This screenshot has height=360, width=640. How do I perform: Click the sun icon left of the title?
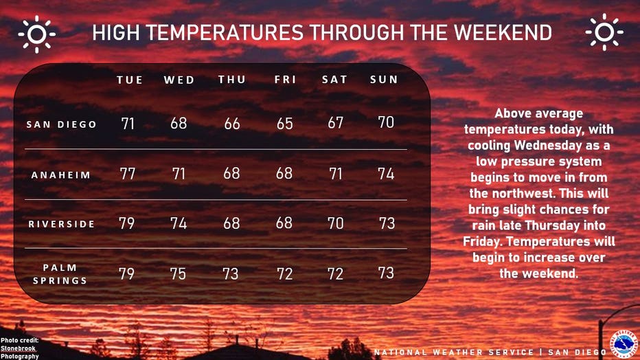[x=36, y=34]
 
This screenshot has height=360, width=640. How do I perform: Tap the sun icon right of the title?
[x=604, y=32]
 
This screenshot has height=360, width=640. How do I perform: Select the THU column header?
[x=232, y=79]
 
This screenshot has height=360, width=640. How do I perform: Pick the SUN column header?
[x=384, y=79]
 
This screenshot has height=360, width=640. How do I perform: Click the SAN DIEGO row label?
[x=61, y=124]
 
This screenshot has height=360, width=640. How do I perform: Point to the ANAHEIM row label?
[x=61, y=175]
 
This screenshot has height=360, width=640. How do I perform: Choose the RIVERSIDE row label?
[x=61, y=224]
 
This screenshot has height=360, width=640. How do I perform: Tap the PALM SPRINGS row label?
[x=60, y=274]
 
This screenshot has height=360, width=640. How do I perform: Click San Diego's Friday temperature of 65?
[x=284, y=123]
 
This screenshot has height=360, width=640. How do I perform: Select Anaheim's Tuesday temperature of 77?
[x=127, y=174]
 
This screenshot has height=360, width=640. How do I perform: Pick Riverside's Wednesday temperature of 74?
[x=179, y=223]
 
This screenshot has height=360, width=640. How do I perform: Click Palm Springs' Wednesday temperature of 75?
[x=178, y=273]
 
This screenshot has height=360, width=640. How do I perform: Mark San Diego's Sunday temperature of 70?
[x=386, y=122]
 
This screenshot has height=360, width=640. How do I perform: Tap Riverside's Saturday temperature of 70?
[x=336, y=223]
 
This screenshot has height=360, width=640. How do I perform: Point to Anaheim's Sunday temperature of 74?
[x=386, y=174]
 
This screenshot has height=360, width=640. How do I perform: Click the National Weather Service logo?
[x=624, y=344]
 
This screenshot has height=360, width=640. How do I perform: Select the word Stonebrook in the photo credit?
[x=18, y=348]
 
